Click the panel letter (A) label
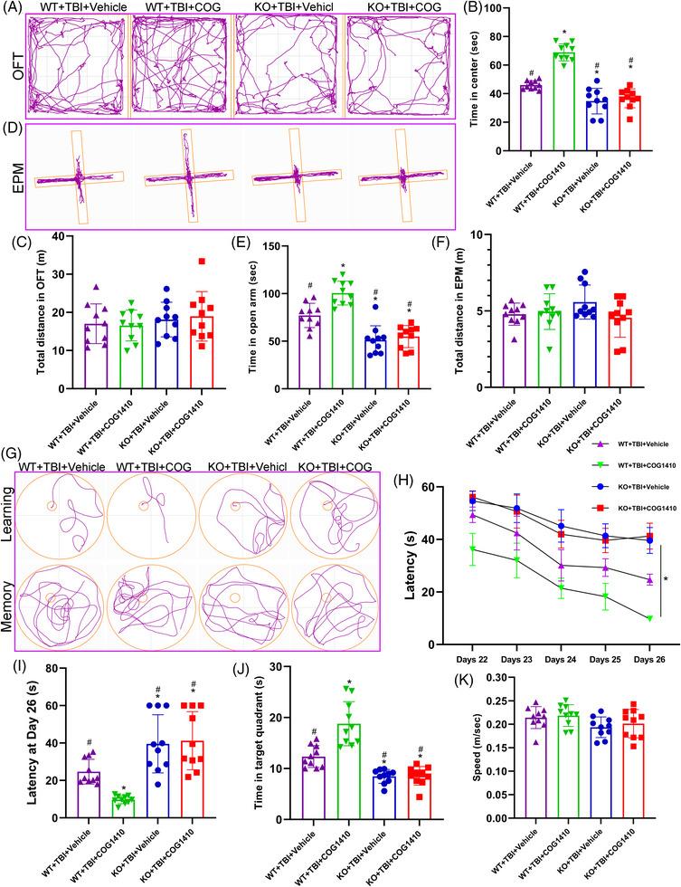pyautogui.click(x=16, y=9)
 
